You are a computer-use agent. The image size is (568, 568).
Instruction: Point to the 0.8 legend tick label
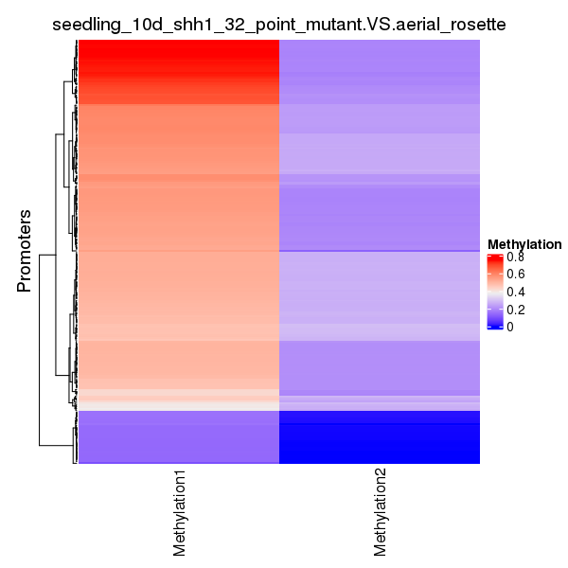[515, 257]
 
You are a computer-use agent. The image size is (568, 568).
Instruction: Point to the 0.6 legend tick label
[515, 275]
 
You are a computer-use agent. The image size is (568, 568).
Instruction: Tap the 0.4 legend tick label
[515, 292]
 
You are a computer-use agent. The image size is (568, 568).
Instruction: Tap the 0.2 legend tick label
[515, 310]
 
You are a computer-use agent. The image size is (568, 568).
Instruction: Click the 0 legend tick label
[510, 327]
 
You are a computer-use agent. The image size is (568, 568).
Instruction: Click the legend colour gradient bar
[493, 292]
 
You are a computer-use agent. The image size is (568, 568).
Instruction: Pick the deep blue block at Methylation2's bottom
[380, 440]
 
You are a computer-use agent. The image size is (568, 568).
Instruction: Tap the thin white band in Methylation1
[179, 404]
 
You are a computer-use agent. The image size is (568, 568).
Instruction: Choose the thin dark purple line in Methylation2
[380, 250]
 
